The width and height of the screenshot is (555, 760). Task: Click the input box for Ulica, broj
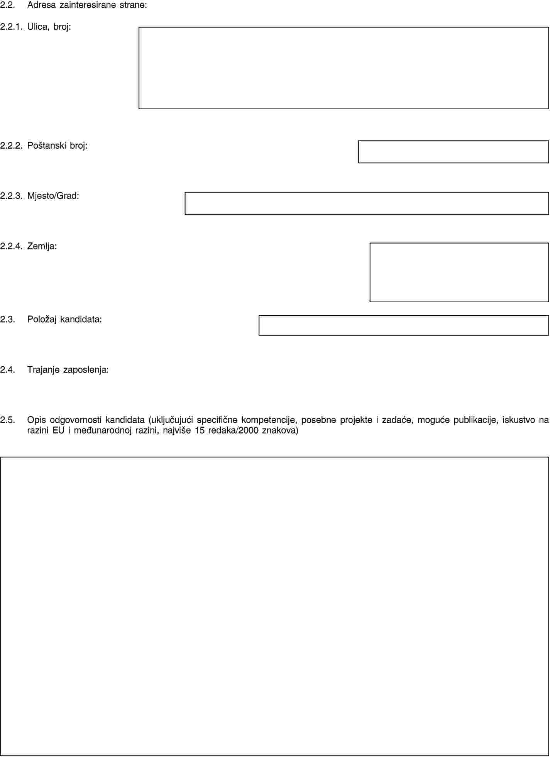click(x=343, y=68)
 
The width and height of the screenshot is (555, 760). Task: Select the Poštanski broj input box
click(x=453, y=152)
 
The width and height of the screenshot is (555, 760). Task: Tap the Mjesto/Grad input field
click(x=366, y=203)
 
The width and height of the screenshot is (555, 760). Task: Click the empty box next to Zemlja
click(x=459, y=272)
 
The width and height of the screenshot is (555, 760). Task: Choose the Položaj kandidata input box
click(x=403, y=325)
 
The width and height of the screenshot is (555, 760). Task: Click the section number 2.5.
click(x=8, y=420)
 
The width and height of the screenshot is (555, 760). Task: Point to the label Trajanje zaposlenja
click(x=68, y=370)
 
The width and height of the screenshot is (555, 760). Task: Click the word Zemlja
click(x=42, y=246)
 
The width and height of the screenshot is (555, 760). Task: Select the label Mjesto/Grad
click(x=53, y=196)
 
